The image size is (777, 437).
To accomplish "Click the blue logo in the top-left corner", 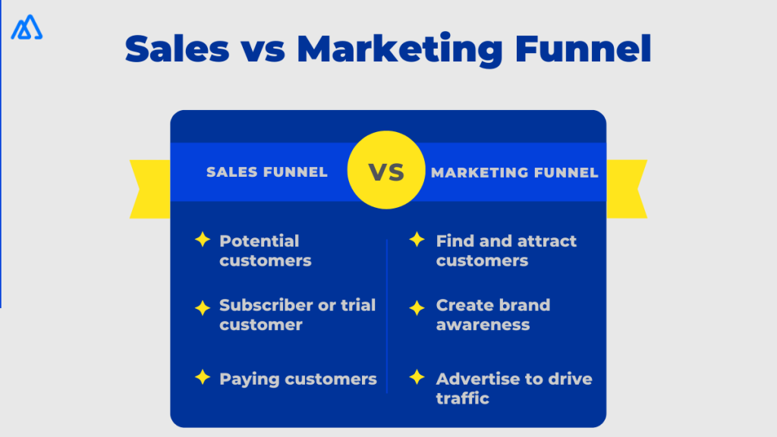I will coord(27,27).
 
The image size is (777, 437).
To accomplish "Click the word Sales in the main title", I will coord(176,49).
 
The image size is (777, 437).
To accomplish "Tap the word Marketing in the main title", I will coord(399,49).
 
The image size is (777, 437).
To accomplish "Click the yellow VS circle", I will coord(387,171).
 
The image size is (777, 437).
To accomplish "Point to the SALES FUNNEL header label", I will coord(267,172).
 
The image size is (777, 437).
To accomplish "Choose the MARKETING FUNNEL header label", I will coord(514,172).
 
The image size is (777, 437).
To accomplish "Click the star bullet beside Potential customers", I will coord(202,240).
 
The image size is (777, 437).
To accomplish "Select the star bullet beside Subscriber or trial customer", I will coord(202,308).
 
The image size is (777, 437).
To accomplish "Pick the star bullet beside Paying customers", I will coord(202,376).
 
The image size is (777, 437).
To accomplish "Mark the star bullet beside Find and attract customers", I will coord(417,240).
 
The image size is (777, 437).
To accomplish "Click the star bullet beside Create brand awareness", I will coord(417,308).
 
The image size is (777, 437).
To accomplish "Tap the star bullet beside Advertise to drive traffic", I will coord(417,376).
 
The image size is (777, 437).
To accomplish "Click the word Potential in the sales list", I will coord(260,241).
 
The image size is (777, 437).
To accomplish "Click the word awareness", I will coord(483,325).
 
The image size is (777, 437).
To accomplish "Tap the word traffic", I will coord(462,398).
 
